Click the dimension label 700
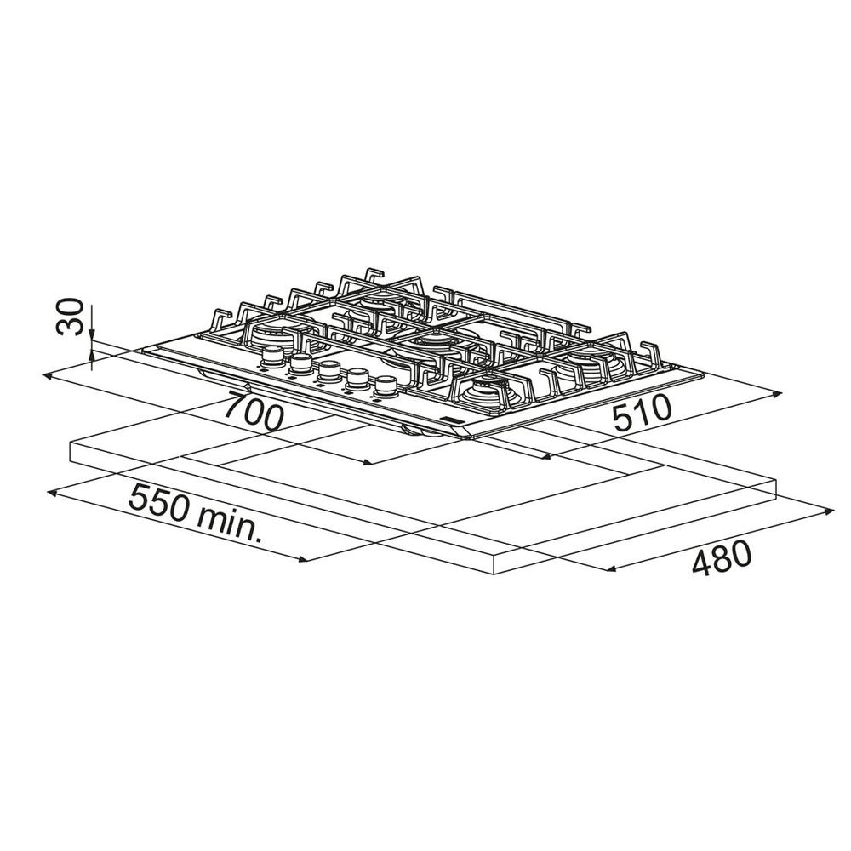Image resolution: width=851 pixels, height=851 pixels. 254,410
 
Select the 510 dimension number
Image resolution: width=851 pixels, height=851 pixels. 642,414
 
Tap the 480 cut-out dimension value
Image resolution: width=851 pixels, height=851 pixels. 722,558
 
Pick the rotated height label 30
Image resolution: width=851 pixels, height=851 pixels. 70,317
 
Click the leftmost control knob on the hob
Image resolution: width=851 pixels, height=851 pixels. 272,356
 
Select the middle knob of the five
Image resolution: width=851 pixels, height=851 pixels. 328,371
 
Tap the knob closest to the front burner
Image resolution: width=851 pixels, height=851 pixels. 386,386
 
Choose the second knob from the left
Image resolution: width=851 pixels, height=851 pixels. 300,363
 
